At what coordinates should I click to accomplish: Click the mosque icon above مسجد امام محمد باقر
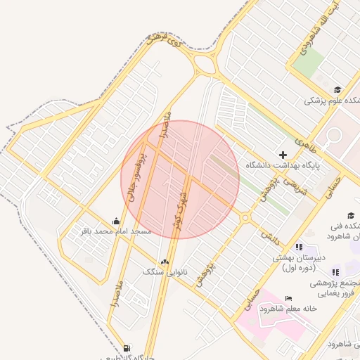click(x=116, y=221)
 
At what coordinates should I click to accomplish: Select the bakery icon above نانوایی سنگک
click(x=165, y=262)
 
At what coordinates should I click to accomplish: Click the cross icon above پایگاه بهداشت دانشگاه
click(x=283, y=155)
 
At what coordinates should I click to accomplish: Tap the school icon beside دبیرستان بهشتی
click(x=299, y=247)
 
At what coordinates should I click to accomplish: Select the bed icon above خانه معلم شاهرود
click(x=288, y=299)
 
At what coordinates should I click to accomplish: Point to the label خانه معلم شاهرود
click(x=288, y=309)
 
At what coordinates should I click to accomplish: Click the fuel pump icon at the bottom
click(x=126, y=348)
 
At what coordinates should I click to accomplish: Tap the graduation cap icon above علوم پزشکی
click(x=338, y=89)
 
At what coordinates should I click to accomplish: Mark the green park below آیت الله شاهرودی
click(x=307, y=64)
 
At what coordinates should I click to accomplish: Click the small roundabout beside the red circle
click(x=245, y=218)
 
